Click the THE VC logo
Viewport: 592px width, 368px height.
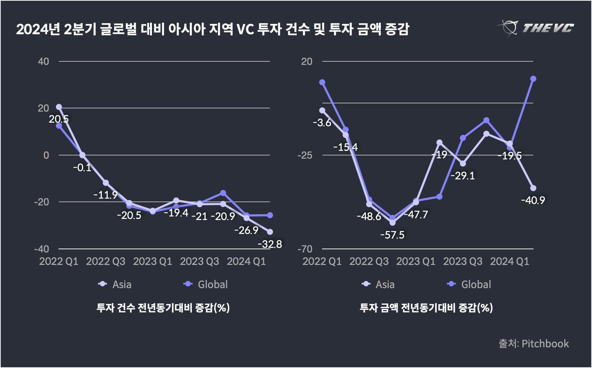click(x=535, y=28)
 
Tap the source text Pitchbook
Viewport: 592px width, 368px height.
click(x=534, y=343)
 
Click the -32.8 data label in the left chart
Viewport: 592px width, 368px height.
click(x=270, y=244)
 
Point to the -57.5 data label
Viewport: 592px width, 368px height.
click(x=392, y=235)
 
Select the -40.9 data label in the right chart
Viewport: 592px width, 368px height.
click(x=533, y=200)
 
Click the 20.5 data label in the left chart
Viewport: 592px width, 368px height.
click(x=59, y=119)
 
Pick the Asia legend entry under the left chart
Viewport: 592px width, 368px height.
click(x=115, y=285)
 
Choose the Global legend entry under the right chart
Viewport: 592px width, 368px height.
click(x=469, y=285)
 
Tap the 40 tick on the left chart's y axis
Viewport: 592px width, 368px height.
click(x=44, y=62)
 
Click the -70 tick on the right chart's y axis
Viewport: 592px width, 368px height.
click(x=305, y=249)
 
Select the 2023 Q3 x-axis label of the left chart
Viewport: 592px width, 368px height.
click(x=199, y=261)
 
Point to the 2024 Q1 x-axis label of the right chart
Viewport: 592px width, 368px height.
click(x=509, y=261)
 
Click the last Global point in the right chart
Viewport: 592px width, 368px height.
click(x=533, y=79)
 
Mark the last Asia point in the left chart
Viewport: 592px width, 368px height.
click(x=270, y=232)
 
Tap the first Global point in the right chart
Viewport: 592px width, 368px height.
click(x=322, y=82)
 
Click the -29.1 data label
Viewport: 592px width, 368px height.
click(x=463, y=176)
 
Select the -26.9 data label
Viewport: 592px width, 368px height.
click(x=246, y=230)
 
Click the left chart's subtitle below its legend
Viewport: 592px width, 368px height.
click(x=163, y=307)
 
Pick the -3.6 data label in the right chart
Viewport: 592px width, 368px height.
click(x=322, y=123)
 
